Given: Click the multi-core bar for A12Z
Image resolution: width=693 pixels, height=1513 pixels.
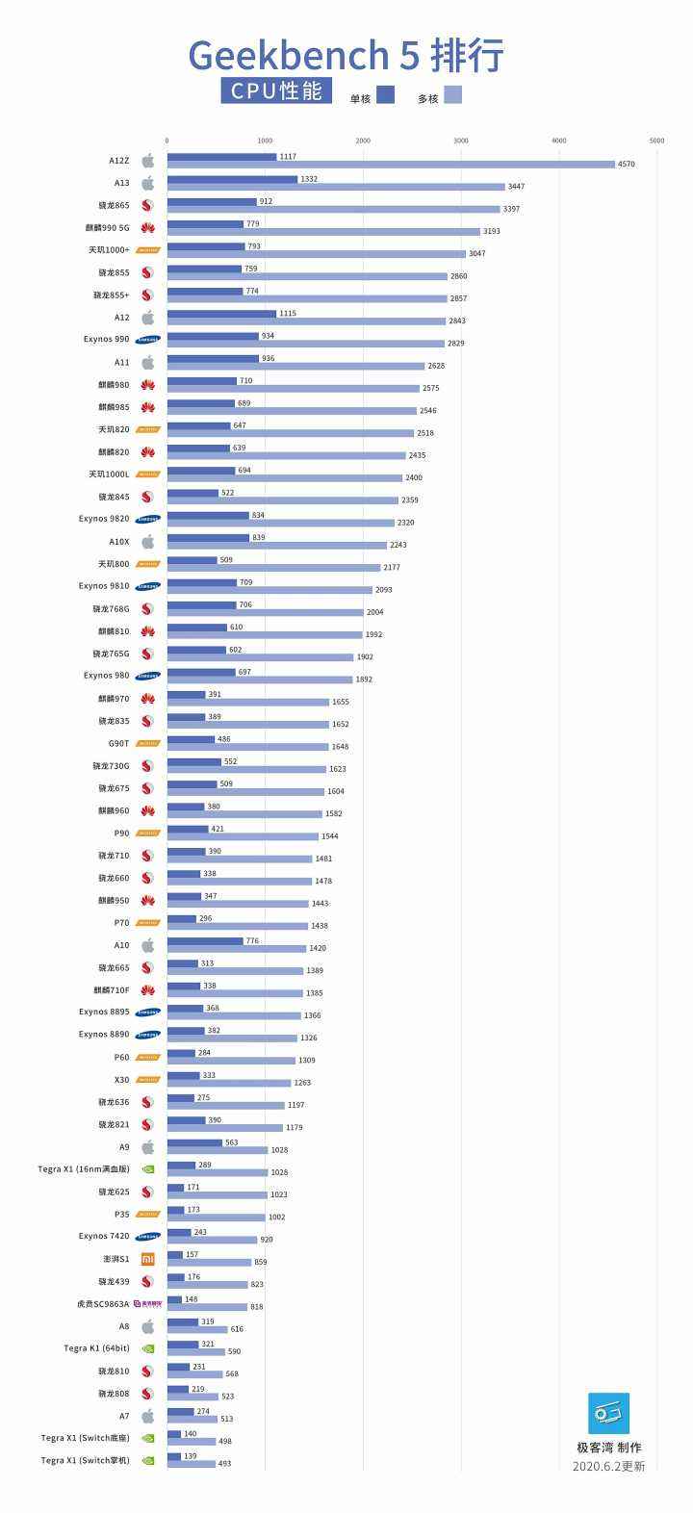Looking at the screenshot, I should pyautogui.click(x=390, y=165).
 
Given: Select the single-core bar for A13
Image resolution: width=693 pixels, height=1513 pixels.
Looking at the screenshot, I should pyautogui.click(x=232, y=179).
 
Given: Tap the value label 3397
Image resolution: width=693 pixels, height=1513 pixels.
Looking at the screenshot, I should pyautogui.click(x=511, y=209).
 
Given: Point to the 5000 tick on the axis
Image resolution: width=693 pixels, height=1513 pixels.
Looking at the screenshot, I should pyautogui.click(x=656, y=141).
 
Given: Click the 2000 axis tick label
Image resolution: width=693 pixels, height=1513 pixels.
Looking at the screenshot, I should pyautogui.click(x=363, y=141).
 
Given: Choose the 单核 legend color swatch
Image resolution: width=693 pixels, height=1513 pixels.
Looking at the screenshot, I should pyautogui.click(x=385, y=94).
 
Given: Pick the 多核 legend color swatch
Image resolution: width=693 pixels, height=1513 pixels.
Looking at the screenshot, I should pyautogui.click(x=452, y=94).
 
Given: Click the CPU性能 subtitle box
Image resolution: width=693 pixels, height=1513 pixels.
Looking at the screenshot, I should pyautogui.click(x=276, y=91).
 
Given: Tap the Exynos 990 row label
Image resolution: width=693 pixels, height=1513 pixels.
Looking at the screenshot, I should pyautogui.click(x=106, y=339).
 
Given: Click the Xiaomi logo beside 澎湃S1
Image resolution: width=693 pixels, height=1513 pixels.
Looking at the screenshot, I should pyautogui.click(x=147, y=1259).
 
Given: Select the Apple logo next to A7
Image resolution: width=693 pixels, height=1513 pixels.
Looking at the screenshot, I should pyautogui.click(x=147, y=1416).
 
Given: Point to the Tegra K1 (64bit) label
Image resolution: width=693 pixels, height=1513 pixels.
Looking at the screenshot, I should pyautogui.click(x=96, y=1348).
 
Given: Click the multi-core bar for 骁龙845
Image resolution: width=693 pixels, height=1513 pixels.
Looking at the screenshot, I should pyautogui.click(x=282, y=500).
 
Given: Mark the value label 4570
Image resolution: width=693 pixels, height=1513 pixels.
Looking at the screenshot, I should pyautogui.click(x=626, y=165).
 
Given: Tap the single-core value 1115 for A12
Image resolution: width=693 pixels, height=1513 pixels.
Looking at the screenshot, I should pyautogui.click(x=288, y=314).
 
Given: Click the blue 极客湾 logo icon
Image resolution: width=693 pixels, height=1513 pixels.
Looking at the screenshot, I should pyautogui.click(x=608, y=1413).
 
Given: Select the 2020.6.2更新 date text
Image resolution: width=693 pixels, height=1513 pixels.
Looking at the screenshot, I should pyautogui.click(x=608, y=1466).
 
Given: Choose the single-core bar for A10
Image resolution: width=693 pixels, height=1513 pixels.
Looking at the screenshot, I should pyautogui.click(x=205, y=941).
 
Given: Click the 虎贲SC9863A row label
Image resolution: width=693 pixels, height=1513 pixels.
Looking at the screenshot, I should pyautogui.click(x=103, y=1304).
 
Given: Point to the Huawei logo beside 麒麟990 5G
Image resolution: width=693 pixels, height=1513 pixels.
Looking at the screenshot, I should pyautogui.click(x=147, y=228).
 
